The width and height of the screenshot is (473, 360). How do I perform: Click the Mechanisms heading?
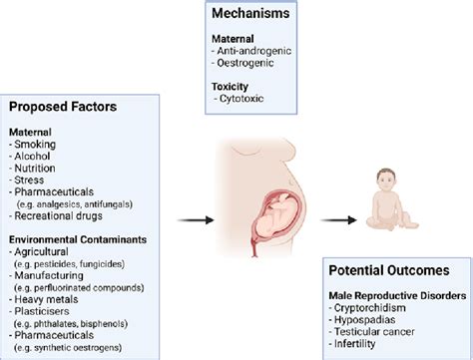pos(253,14)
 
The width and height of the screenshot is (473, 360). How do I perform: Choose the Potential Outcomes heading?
pos(390,271)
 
